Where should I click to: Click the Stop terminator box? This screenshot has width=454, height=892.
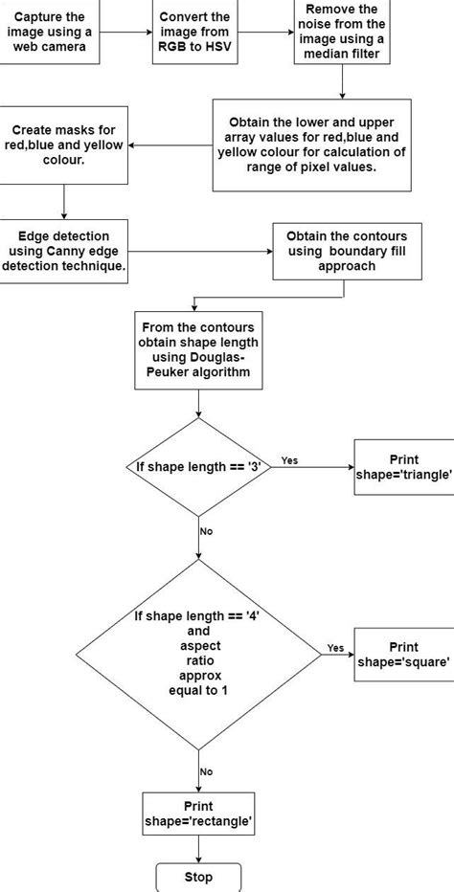pyautogui.click(x=198, y=878)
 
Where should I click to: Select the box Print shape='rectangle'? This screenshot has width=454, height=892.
pyautogui.click(x=198, y=814)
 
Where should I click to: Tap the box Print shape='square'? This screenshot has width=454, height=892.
pyautogui.click(x=404, y=655)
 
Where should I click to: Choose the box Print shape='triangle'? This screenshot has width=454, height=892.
pyautogui.click(x=404, y=466)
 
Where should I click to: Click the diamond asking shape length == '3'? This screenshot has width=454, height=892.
pyautogui.click(x=198, y=468)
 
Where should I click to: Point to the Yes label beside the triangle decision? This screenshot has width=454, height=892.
pyautogui.click(x=289, y=460)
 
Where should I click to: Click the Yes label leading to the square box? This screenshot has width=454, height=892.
pyautogui.click(x=335, y=648)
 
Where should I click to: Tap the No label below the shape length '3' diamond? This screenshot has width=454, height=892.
pyautogui.click(x=206, y=531)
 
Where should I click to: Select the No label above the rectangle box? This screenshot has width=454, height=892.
pyautogui.click(x=206, y=772)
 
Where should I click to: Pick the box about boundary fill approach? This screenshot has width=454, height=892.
pyautogui.click(x=347, y=251)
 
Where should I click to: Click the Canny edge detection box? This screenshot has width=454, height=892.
pyautogui.click(x=63, y=251)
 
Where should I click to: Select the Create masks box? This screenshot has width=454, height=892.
pyautogui.click(x=63, y=145)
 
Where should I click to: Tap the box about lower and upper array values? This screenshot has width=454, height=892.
pyautogui.click(x=311, y=145)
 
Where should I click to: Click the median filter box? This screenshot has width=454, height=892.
pyautogui.click(x=342, y=32)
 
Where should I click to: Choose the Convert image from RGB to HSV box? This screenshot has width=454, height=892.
pyautogui.click(x=193, y=32)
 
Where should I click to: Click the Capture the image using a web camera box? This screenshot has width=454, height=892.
pyautogui.click(x=50, y=32)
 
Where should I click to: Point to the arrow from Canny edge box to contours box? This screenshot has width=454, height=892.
pyautogui.click(x=200, y=251)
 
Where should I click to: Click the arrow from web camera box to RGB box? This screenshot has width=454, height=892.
pyautogui.click(x=125, y=32)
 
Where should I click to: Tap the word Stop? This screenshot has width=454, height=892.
pyautogui.click(x=198, y=878)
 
